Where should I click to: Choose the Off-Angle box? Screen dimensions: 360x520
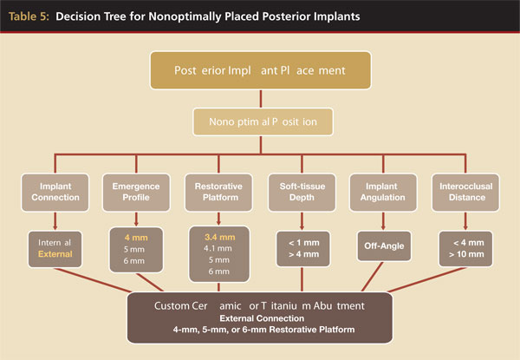383,245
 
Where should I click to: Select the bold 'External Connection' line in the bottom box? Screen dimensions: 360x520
260,319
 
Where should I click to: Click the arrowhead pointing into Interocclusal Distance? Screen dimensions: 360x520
465,169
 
